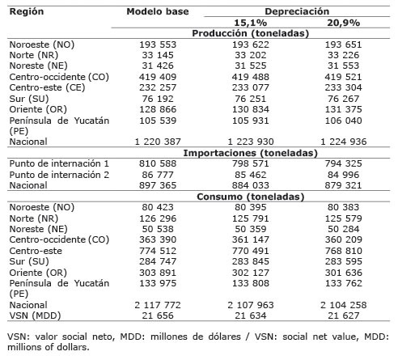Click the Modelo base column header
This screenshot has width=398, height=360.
158,11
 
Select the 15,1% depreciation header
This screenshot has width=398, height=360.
251,23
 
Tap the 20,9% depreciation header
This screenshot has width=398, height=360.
343,23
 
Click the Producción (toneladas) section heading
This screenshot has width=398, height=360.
251,33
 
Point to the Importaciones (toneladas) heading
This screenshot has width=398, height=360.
251,153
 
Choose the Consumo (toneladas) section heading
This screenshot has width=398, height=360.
251,197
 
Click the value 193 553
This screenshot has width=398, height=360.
158,44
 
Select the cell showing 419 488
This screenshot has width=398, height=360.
251,77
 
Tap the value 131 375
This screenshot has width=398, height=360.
343,109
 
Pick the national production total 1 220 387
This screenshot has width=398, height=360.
158,142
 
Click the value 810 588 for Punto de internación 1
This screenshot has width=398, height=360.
158,163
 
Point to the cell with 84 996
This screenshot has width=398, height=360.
343,175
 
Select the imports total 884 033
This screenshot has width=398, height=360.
251,185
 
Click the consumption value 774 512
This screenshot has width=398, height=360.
158,251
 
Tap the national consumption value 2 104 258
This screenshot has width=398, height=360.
343,305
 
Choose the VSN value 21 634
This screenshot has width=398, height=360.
251,316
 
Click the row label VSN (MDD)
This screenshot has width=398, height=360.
35,316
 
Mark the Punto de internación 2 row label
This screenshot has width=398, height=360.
59,175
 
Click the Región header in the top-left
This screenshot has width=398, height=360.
27,12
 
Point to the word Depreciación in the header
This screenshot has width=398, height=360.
297,11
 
